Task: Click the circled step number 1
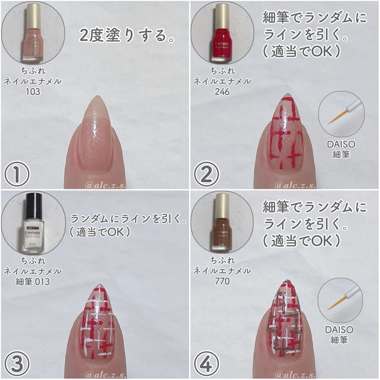tap(17, 173)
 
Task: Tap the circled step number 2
tap(207, 173)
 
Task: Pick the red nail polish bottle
tap(222, 37)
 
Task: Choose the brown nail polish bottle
tap(222, 226)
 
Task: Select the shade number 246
tap(222, 91)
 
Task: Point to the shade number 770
tap(222, 281)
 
